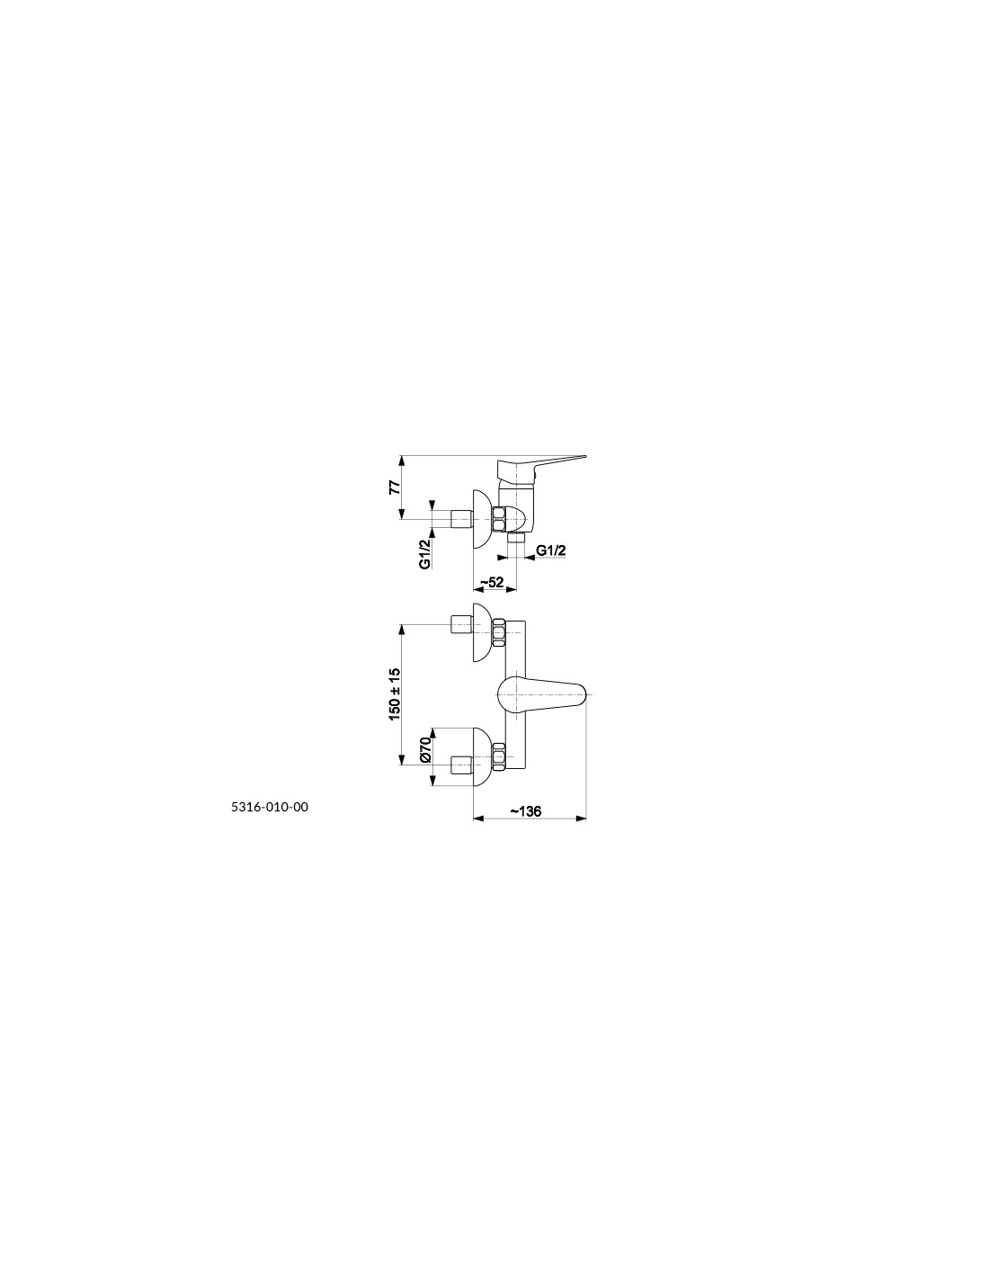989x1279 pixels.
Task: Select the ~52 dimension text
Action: (x=493, y=582)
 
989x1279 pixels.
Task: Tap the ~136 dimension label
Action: (x=525, y=811)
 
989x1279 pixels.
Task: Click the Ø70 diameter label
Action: (x=426, y=749)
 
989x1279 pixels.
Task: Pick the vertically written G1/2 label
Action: (x=425, y=553)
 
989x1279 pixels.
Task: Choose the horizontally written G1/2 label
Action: (x=550, y=550)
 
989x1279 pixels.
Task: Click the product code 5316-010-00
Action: (x=270, y=807)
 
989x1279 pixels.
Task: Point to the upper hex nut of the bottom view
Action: (x=499, y=632)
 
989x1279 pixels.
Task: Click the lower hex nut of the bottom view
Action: (x=499, y=756)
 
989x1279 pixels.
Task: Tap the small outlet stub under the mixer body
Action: (x=516, y=538)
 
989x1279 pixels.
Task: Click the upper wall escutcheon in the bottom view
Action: (x=481, y=632)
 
